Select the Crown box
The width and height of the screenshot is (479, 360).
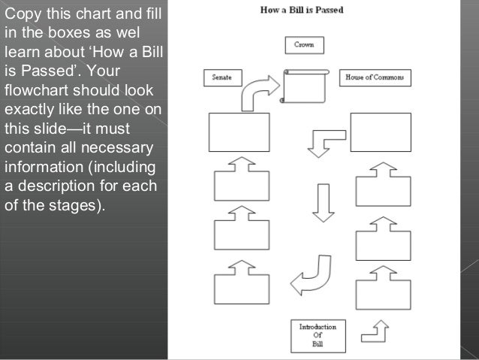(304, 46)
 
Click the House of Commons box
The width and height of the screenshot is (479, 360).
(375, 77)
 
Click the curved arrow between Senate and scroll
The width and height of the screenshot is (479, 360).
(258, 90)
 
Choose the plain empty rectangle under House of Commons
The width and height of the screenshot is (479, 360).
(381, 132)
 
